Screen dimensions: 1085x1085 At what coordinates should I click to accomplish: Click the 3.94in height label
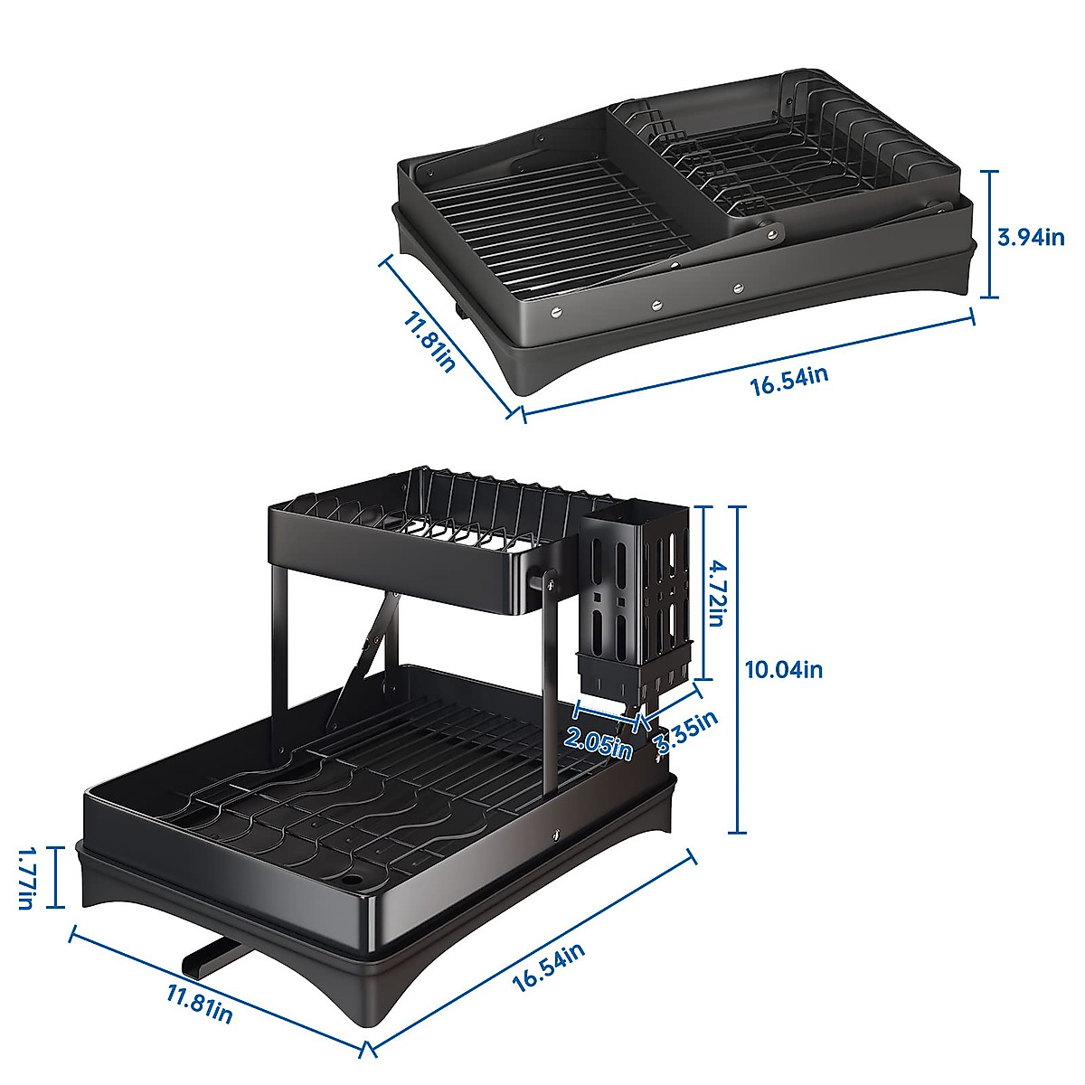pos(1032,238)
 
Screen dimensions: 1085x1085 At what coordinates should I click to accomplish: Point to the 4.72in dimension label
pos(716,593)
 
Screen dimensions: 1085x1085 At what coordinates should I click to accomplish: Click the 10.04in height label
pos(784,670)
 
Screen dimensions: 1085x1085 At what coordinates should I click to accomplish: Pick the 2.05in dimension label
pos(598,743)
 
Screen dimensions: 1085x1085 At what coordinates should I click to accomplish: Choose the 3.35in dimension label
pos(686,732)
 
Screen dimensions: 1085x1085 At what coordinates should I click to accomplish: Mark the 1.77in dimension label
pos(26,877)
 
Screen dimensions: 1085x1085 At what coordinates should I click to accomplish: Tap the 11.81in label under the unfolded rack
pos(200,1004)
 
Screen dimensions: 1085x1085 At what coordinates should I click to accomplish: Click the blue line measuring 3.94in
pos(992,235)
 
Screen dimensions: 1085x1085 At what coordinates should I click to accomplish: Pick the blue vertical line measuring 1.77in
pos(56,877)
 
